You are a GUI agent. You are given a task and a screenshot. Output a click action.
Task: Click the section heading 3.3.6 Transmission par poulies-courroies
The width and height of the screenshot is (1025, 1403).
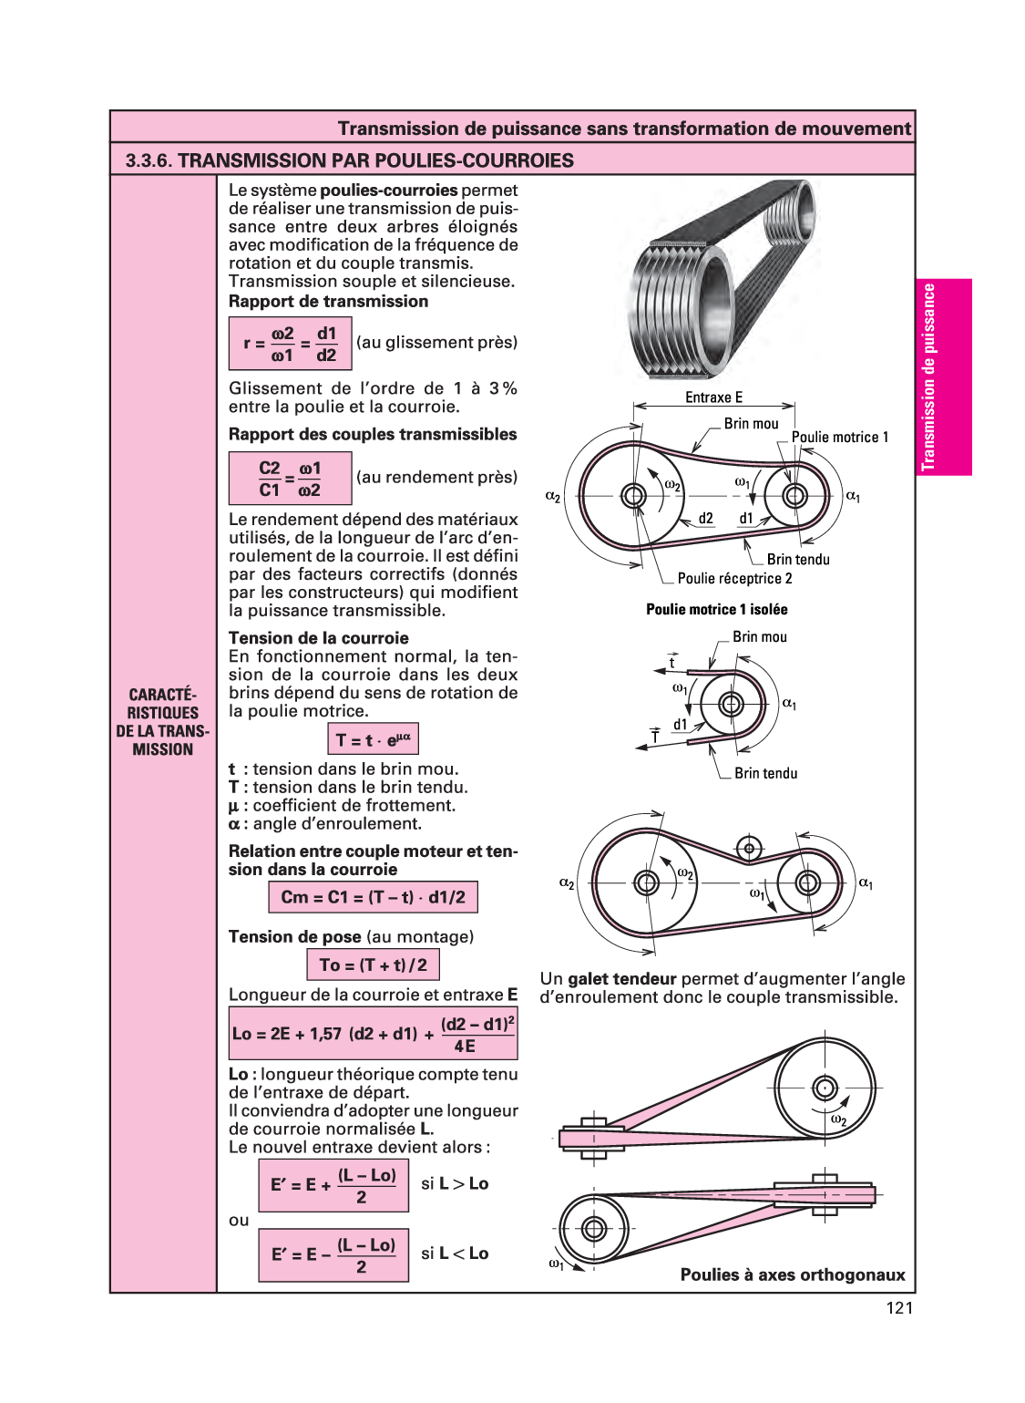coord(350,160)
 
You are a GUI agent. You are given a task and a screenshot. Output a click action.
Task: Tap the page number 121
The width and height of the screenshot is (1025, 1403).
coord(898,1308)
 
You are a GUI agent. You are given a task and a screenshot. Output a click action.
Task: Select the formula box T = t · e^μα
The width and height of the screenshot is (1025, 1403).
coord(373,739)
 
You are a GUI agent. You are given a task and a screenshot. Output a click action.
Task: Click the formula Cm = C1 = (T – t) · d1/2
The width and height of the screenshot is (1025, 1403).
coord(373,897)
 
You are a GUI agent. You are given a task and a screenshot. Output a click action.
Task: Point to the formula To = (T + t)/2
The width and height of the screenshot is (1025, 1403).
coord(373,965)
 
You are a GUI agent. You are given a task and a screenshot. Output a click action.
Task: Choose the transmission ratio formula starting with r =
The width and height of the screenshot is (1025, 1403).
coord(290,344)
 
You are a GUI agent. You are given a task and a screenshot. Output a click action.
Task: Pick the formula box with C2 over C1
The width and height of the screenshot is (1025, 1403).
coord(290,479)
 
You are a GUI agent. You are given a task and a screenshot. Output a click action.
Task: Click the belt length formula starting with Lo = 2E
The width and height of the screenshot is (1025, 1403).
coord(373,1034)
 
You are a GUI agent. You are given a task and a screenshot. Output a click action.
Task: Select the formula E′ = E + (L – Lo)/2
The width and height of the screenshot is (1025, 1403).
coord(333,1185)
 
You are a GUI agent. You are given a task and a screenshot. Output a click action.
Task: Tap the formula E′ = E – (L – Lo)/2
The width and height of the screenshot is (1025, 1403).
coord(333,1255)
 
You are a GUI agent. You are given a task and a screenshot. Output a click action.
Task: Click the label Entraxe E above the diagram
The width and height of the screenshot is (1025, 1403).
coord(713,397)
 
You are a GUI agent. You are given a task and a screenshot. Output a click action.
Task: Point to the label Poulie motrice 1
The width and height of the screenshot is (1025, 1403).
coord(839,438)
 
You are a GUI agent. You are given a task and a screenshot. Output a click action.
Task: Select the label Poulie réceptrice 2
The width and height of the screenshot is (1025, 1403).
coord(734,579)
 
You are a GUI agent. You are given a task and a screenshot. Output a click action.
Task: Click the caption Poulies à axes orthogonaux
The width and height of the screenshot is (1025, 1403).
coord(793,1275)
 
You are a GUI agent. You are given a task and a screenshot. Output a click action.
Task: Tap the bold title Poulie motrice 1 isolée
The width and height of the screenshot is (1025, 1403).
coord(717,610)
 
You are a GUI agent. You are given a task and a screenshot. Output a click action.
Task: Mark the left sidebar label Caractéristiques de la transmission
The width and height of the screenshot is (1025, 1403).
coord(163,722)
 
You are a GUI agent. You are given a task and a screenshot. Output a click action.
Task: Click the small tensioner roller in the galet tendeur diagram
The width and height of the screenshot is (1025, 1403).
coord(749,849)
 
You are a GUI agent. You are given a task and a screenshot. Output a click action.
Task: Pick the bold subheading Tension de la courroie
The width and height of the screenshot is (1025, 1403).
coord(319,638)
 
